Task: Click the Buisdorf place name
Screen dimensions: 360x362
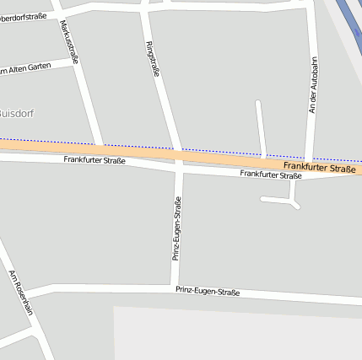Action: (16, 113)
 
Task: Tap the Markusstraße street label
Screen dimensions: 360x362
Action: (70, 42)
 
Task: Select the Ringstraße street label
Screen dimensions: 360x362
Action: (153, 59)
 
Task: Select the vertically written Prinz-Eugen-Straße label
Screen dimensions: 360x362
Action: (176, 228)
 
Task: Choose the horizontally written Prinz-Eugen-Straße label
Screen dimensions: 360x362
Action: (208, 292)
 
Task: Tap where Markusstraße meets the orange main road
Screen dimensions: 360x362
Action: (100, 148)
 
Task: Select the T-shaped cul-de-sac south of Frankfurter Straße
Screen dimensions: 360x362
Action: (292, 200)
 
